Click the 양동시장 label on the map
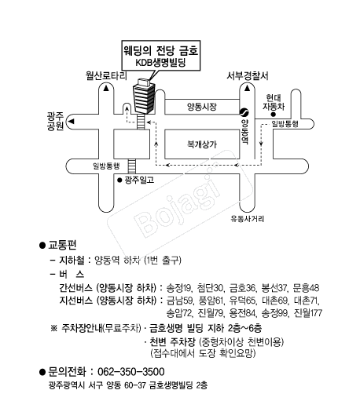[x=202, y=107]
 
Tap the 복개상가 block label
[x=202, y=144]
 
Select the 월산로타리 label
[x=106, y=76]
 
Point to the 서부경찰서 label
[x=248, y=76]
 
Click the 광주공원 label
[x=55, y=121]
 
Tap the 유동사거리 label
[x=248, y=219]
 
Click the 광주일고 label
[x=139, y=180]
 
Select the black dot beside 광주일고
[x=119, y=180]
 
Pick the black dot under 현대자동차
[x=274, y=115]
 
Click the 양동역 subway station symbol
[x=244, y=112]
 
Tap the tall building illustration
[x=144, y=97]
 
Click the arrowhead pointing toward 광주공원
[x=72, y=122]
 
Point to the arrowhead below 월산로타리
[x=106, y=88]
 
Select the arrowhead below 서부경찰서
[x=247, y=88]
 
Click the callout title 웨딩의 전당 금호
[x=161, y=50]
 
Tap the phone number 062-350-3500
[x=131, y=372]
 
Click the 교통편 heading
[x=62, y=245]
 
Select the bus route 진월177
[x=308, y=313]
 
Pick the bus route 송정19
[x=178, y=288]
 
